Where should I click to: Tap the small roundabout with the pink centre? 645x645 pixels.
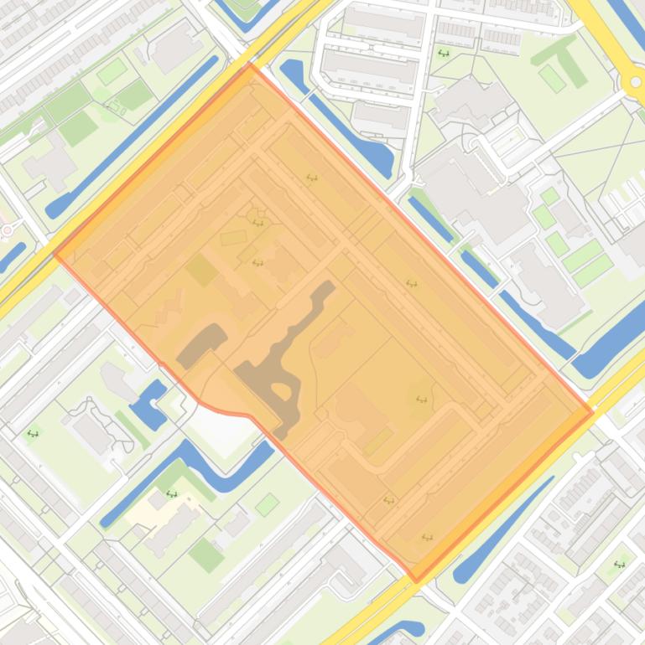[7, 230]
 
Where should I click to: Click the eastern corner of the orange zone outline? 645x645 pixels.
[592, 411]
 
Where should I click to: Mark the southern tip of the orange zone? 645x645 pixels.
[416, 580]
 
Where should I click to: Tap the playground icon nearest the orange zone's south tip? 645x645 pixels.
[427, 537]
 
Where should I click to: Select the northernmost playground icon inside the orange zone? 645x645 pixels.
[312, 178]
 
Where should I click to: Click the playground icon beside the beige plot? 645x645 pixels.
[172, 494]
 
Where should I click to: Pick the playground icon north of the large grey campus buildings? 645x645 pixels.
[443, 54]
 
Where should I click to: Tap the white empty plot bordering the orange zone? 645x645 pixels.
[222, 431]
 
